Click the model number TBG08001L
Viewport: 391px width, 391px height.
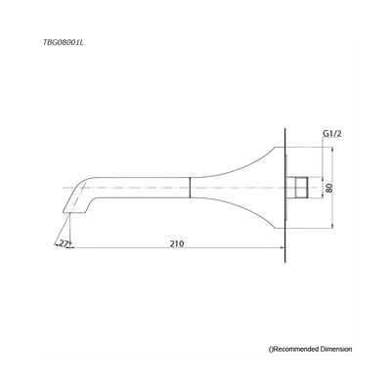click(61, 42)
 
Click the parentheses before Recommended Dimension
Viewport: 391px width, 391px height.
click(272, 348)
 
